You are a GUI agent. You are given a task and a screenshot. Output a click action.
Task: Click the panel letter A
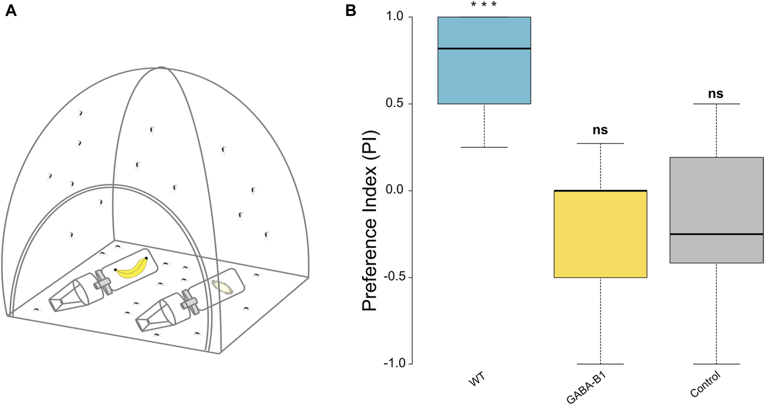pyautogui.click(x=11, y=10)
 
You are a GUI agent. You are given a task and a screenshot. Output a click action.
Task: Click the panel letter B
pyautogui.click(x=351, y=10)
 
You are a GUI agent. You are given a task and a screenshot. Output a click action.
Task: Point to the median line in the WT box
pyautogui.click(x=484, y=48)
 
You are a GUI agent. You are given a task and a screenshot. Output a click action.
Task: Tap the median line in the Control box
pyautogui.click(x=716, y=234)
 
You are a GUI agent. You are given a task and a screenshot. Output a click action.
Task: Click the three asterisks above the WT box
pyautogui.click(x=484, y=5)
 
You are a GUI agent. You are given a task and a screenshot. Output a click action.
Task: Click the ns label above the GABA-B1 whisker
pyautogui.click(x=600, y=130)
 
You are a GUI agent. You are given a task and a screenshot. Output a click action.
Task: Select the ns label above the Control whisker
pyautogui.click(x=715, y=94)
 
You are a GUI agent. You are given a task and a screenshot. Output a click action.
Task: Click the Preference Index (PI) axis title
pyautogui.click(x=370, y=220)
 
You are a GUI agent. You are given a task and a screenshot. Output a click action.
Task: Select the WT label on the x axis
pyautogui.click(x=477, y=379)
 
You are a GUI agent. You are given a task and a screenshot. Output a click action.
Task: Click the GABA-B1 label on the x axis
pyautogui.click(x=586, y=388)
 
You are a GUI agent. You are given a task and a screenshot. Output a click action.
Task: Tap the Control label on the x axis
pyautogui.click(x=705, y=384)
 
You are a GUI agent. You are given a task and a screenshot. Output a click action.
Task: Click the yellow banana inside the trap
pyautogui.click(x=132, y=269)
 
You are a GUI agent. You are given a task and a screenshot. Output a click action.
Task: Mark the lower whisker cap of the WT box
pyautogui.click(x=484, y=147)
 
